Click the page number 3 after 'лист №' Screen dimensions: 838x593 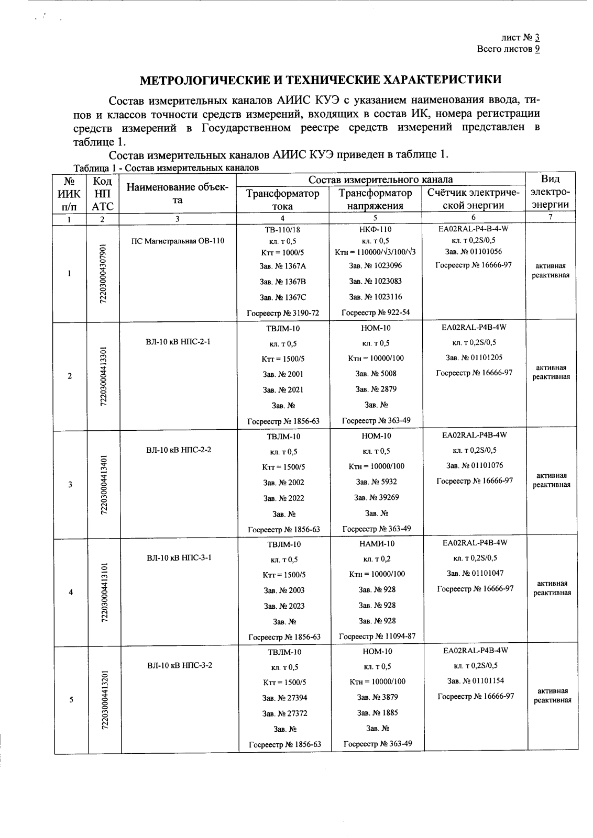[537, 38]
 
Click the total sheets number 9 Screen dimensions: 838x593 [537, 49]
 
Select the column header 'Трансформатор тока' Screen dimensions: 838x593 [282, 199]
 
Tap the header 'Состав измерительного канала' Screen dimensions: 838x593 [380, 180]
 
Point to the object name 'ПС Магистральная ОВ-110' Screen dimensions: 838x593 [178, 241]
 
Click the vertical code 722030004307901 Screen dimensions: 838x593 [103, 273]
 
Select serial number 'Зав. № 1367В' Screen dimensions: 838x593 [282, 282]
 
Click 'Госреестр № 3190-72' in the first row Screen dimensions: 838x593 [282, 314]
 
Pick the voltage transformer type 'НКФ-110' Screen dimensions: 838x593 [376, 229]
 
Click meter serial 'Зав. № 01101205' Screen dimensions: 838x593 [474, 357]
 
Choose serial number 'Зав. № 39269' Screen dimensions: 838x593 [376, 497]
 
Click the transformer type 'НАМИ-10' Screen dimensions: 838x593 [376, 543]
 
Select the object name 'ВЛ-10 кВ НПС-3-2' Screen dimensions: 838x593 [179, 665]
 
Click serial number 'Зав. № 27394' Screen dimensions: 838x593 [284, 698]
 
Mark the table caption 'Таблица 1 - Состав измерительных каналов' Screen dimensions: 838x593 [166, 168]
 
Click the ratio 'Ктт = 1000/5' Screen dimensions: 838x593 [282, 252]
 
